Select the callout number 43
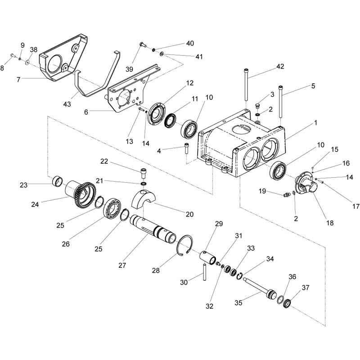click(x=67, y=104)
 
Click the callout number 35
click(x=238, y=303)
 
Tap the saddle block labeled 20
click(x=144, y=198)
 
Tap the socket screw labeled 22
click(x=143, y=173)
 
